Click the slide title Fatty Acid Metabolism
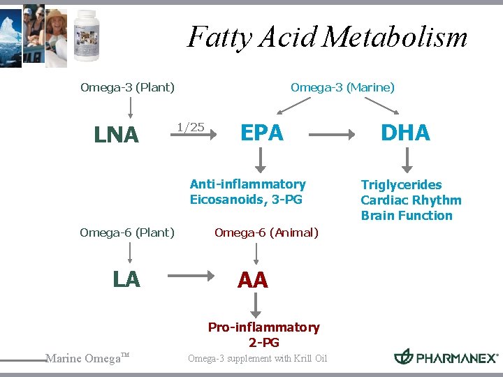click(327, 37)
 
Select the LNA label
click(116, 135)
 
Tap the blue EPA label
click(262, 133)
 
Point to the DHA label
click(405, 133)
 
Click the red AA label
click(252, 281)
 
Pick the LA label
click(126, 279)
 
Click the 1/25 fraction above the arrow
click(190, 127)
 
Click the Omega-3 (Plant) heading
click(127, 87)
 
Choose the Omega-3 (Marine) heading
click(342, 87)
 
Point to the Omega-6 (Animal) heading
click(266, 232)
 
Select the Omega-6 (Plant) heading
click(127, 232)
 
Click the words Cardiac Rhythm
click(411, 200)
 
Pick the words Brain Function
click(407, 216)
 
